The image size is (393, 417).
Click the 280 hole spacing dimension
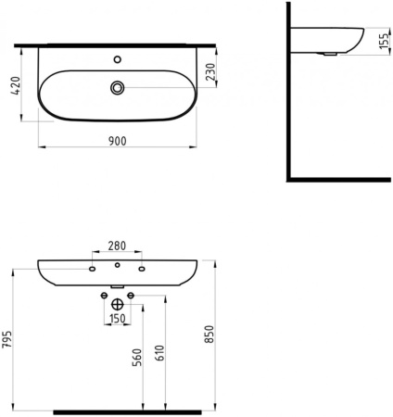(x=117, y=246)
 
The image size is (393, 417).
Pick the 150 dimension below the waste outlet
(x=117, y=319)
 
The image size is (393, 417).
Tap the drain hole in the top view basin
(x=118, y=87)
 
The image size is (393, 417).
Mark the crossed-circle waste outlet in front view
(x=117, y=304)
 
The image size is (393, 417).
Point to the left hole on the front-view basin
(x=93, y=270)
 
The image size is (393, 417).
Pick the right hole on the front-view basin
(x=142, y=270)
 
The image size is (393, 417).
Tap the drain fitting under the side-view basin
(x=328, y=55)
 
